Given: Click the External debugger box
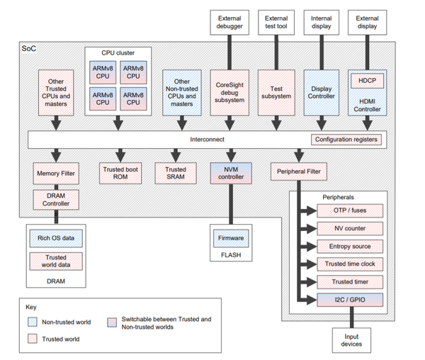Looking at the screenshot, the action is point(229,23).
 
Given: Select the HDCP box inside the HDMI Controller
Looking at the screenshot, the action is point(367,81).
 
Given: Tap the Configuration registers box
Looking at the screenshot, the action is point(346,140).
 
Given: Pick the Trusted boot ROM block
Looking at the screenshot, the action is point(120,173).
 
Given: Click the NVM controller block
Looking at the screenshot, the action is point(231,173).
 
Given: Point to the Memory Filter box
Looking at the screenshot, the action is point(56,174).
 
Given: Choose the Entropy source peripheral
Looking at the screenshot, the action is point(350,247).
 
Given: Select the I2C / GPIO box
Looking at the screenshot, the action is point(350,300).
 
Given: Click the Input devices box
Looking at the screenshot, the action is point(351,340).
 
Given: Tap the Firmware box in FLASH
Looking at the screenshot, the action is point(231,238).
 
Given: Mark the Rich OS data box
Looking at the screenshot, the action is point(56,238).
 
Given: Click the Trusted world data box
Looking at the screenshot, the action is point(56,261).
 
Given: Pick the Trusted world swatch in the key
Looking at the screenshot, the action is point(33,339).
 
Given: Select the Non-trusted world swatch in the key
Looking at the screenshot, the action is point(33,322).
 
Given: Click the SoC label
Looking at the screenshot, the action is point(29,48).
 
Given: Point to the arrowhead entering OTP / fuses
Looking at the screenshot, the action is point(312,210).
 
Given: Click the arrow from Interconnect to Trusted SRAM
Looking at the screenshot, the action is point(176,155).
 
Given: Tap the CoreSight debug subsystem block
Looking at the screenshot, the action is point(229,93).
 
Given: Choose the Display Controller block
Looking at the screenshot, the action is point(321,93).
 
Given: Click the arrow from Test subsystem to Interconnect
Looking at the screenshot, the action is point(276,123).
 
